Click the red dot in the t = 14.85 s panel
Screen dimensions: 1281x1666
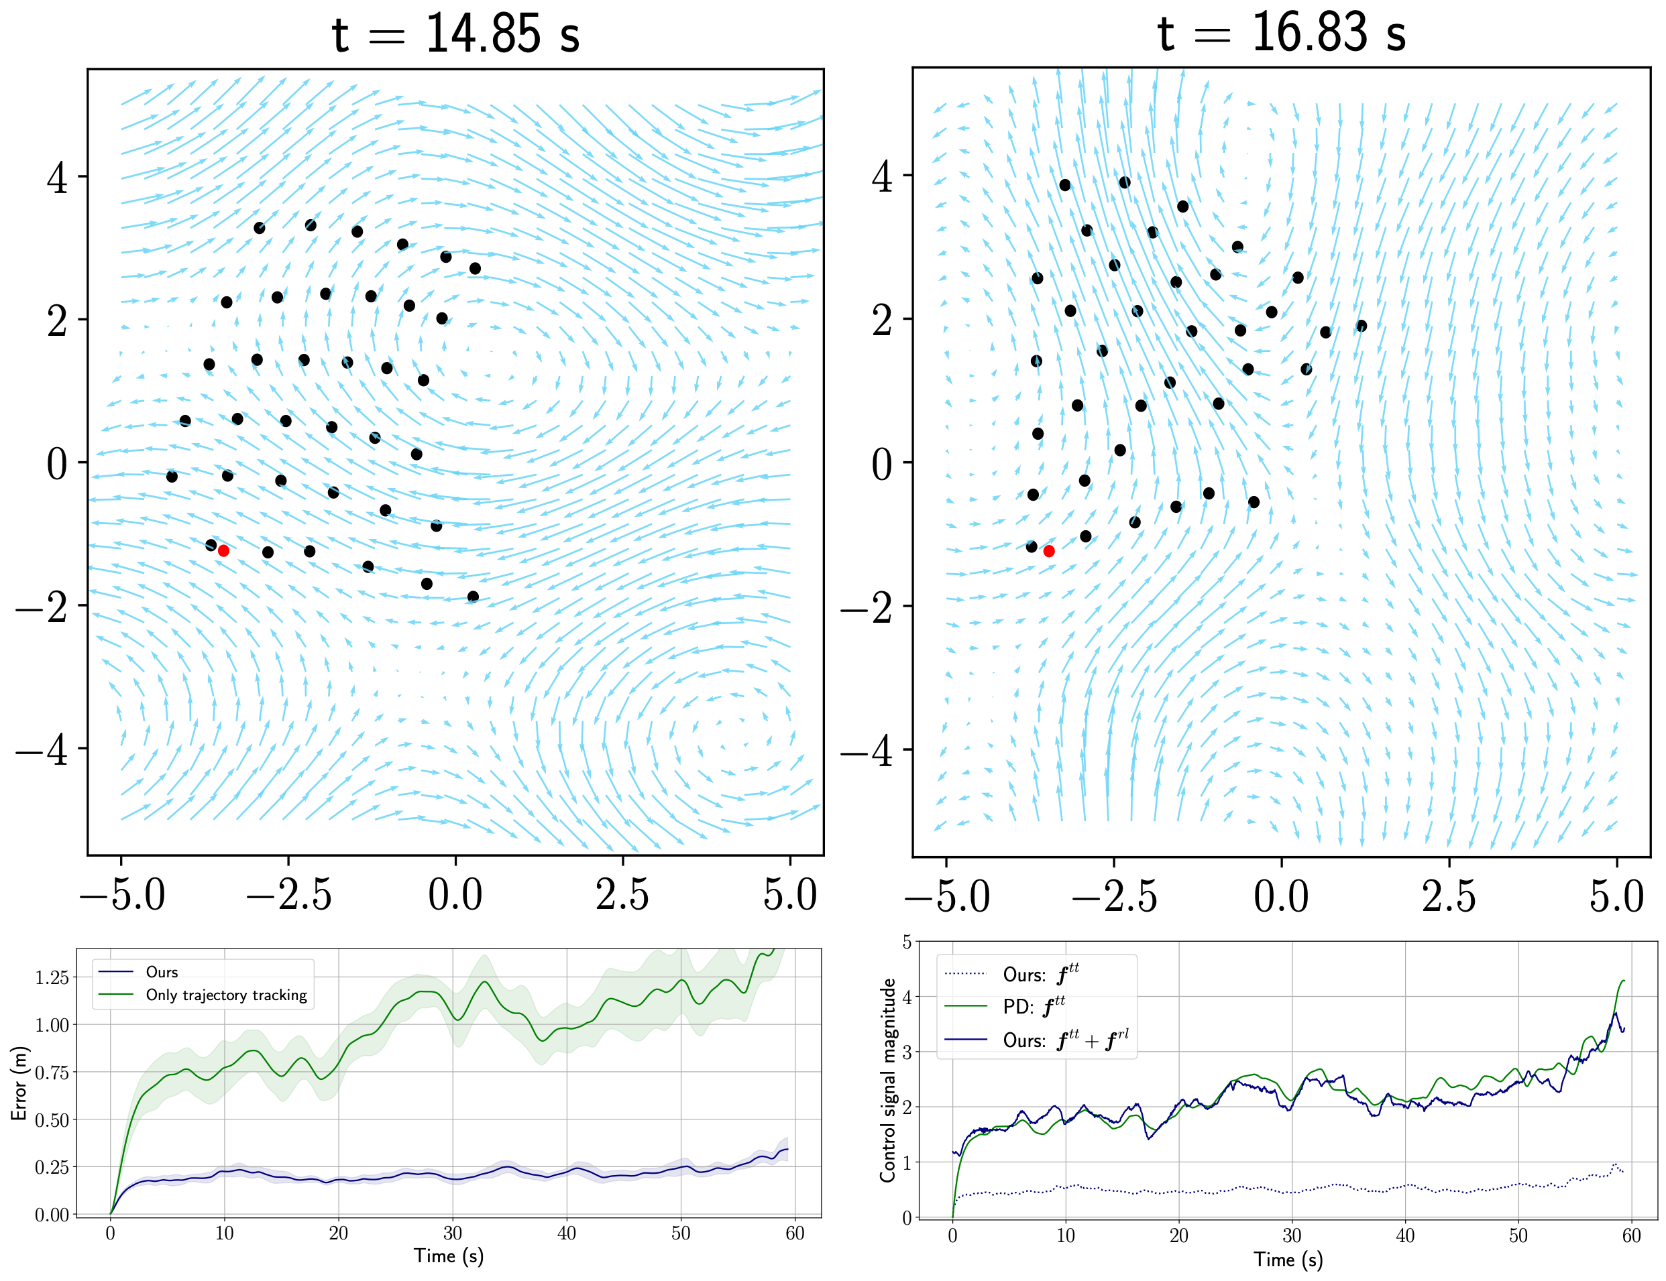223,550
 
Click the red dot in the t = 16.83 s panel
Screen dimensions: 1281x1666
1049,551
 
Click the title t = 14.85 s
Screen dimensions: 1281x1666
455,34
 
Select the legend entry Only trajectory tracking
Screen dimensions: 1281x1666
226,995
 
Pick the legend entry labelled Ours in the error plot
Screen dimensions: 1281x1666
162,972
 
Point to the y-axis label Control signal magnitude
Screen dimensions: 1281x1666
888,1081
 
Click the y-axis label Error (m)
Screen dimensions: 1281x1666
19,1083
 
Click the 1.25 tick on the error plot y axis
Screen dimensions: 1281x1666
52,978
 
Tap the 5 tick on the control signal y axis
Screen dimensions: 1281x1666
907,942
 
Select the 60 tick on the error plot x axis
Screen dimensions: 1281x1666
795,1233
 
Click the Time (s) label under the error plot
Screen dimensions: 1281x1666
449,1256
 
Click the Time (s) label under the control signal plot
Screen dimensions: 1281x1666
1288,1260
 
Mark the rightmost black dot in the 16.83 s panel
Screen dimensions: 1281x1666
1362,326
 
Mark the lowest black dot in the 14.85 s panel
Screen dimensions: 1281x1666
473,597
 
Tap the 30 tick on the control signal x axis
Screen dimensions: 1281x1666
1292,1236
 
